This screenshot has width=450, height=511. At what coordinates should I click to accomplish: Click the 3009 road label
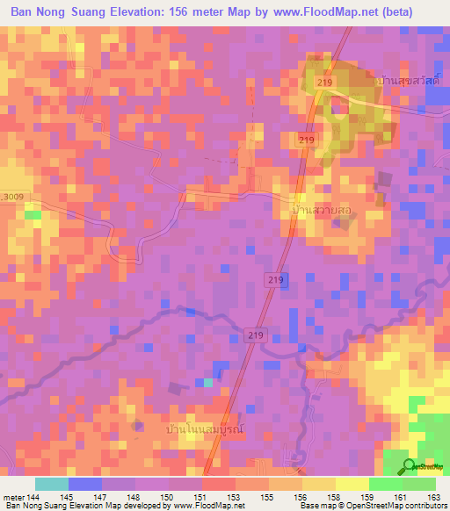[11, 196]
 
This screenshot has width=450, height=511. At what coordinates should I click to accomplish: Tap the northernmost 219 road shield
[326, 82]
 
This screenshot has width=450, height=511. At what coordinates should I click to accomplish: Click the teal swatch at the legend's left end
[52, 484]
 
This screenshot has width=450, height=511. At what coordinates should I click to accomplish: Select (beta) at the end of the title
[416, 12]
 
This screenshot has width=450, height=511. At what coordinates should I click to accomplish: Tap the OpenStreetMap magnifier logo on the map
[409, 466]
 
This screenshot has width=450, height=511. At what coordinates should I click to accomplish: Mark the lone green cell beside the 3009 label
[33, 213]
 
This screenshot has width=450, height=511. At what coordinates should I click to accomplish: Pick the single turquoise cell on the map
[208, 381]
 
